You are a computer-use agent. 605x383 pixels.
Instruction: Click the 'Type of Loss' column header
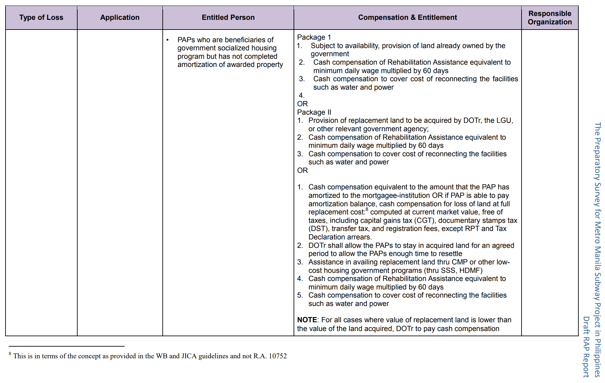[41, 18]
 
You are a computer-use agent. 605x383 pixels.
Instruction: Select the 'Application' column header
[120, 18]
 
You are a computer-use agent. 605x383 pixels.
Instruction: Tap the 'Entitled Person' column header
[228, 18]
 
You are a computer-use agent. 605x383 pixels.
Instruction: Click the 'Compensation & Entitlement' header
[407, 18]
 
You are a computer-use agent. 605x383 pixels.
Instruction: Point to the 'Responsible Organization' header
[549, 18]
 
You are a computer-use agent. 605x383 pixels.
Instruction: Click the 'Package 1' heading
[314, 37]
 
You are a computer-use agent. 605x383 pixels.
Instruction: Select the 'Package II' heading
[314, 112]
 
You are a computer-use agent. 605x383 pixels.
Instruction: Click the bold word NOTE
[307, 320]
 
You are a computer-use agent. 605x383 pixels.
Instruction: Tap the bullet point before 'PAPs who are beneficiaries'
[168, 40]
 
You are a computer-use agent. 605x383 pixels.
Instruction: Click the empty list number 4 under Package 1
[301, 96]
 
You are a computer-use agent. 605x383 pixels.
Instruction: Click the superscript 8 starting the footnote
[10, 354]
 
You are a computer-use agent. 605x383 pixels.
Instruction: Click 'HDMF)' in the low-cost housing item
[471, 271]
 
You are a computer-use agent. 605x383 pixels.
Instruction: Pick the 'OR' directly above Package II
[302, 104]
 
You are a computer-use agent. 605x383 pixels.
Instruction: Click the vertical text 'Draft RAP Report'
[586, 347]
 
